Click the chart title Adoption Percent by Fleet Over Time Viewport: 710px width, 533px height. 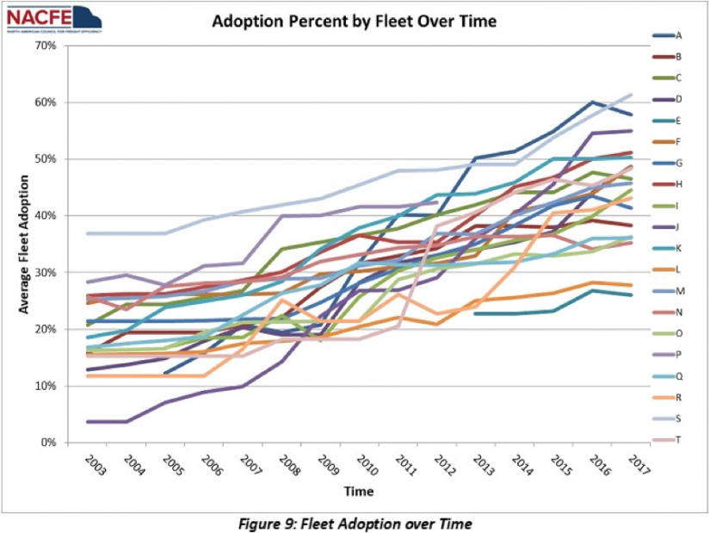(354, 22)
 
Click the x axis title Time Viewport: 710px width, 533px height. (360, 492)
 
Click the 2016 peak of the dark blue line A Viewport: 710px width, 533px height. (593, 102)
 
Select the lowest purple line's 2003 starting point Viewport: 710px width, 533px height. (89, 422)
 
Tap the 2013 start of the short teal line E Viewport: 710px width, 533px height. (476, 313)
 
